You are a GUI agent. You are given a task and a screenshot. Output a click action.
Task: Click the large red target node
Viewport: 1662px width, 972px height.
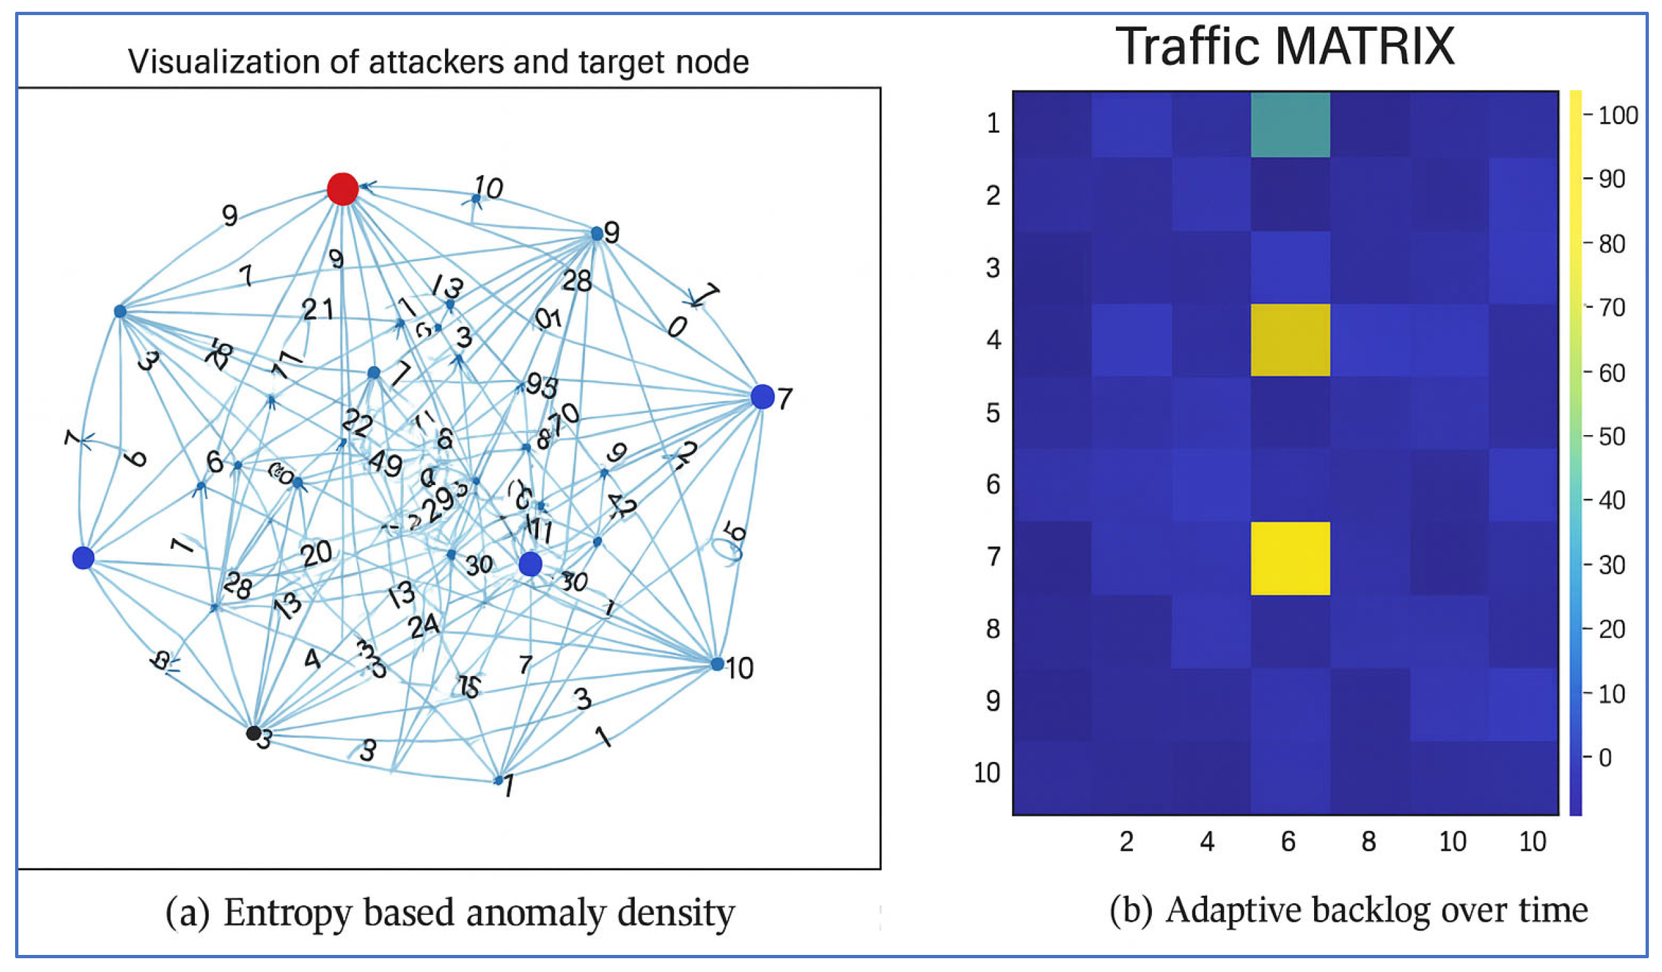pos(343,189)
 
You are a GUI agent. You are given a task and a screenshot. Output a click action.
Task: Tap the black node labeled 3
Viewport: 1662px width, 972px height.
pos(253,732)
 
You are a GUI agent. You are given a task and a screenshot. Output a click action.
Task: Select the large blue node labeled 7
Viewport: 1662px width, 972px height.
pos(763,397)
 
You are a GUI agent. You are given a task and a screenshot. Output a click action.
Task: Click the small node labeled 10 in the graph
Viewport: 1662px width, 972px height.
pos(717,664)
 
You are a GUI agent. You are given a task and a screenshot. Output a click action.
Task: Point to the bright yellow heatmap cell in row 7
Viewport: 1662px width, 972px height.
pos(1290,559)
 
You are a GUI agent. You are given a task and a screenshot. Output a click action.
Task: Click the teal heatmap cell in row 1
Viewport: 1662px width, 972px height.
pos(1290,125)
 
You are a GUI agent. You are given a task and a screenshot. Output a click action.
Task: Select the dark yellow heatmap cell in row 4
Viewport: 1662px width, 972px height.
pos(1290,340)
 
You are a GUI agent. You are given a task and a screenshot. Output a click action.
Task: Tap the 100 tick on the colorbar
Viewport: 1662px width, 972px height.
pos(1618,116)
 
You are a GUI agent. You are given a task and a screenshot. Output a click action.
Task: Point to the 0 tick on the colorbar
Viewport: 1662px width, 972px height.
pos(1606,757)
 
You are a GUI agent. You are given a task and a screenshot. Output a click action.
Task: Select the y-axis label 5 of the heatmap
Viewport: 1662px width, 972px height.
pos(993,413)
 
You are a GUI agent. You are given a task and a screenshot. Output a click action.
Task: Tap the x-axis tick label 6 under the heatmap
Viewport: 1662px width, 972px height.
pos(1288,842)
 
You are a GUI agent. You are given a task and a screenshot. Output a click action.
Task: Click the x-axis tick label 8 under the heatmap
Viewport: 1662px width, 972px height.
pos(1369,842)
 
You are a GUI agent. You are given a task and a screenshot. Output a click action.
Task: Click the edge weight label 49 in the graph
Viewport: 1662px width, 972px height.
pos(385,464)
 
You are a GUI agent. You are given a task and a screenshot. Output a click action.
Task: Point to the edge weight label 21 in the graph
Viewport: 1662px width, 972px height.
pos(318,309)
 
